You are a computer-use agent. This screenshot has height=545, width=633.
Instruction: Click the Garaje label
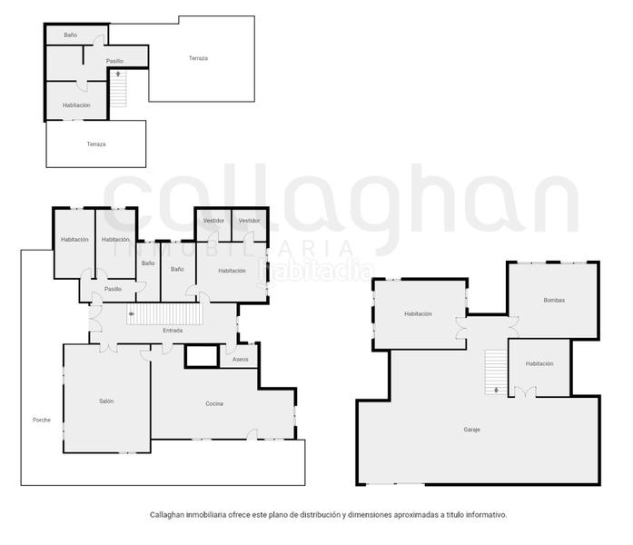[x=471, y=429]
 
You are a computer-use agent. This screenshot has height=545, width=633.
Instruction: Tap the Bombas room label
[x=554, y=300]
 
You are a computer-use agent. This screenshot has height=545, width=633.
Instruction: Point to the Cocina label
[x=214, y=403]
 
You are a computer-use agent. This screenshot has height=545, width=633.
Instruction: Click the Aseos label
[x=241, y=360]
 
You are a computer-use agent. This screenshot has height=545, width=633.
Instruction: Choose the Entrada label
[x=173, y=331]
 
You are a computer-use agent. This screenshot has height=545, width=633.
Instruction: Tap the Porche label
[x=42, y=420]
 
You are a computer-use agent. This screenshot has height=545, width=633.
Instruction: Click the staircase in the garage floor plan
[x=495, y=372]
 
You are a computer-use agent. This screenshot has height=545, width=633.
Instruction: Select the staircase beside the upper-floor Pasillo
[x=118, y=89]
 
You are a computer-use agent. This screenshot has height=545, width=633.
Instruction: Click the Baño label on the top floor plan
[x=70, y=35]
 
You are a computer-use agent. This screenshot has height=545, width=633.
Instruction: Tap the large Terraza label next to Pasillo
[x=198, y=58]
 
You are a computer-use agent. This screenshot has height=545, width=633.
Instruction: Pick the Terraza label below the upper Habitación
[x=96, y=144]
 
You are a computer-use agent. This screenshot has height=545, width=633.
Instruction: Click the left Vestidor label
[x=213, y=221]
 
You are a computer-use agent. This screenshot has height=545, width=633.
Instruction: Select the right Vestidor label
[x=250, y=221]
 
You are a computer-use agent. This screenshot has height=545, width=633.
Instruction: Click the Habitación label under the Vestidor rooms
[x=232, y=270]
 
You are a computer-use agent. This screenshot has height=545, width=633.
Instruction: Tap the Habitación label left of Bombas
[x=418, y=314]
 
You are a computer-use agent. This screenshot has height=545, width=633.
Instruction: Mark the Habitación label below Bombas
[x=539, y=363]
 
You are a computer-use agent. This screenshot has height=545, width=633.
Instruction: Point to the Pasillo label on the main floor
[x=113, y=289]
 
